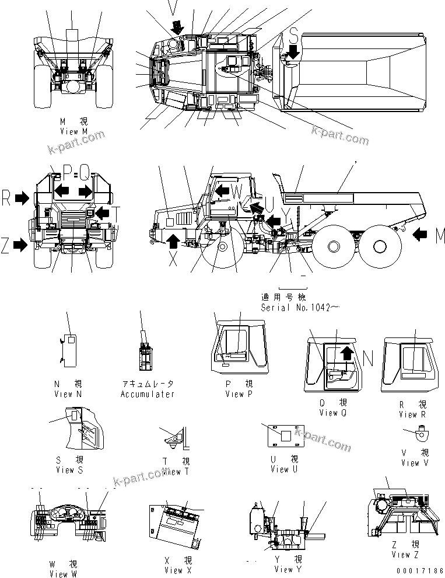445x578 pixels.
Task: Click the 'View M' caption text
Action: [73, 131]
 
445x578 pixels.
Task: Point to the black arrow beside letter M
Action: [422, 235]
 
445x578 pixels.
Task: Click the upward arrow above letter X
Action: [173, 241]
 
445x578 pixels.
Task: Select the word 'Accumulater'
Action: [148, 394]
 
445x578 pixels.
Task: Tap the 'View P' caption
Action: [239, 394]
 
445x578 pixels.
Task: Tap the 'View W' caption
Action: [59, 574]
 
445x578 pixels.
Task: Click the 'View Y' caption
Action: [284, 569]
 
